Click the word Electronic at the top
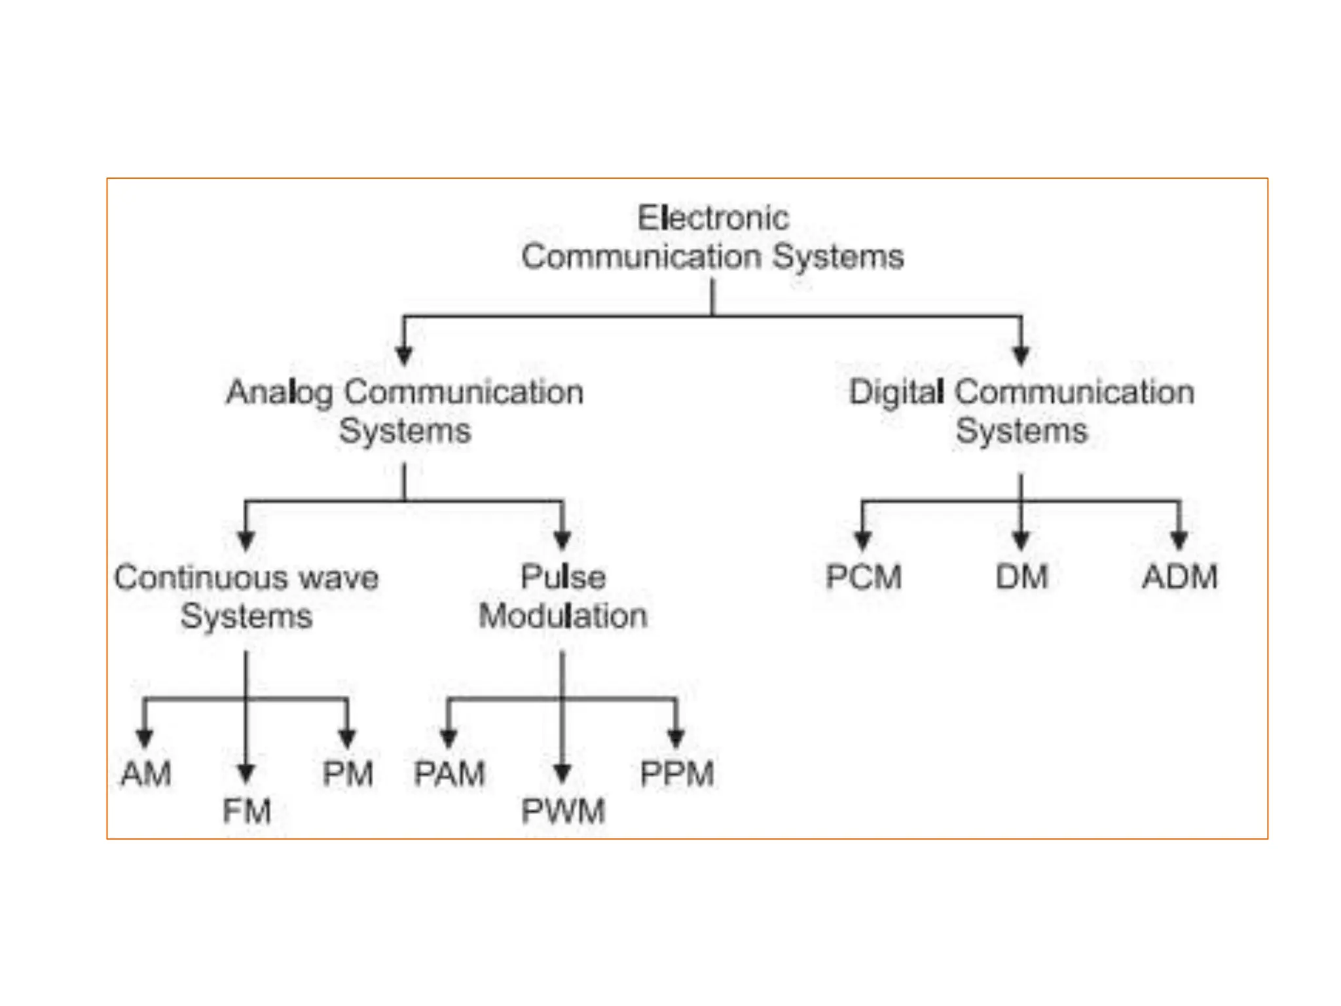[713, 218]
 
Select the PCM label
[864, 577]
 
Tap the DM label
[1021, 577]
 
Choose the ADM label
[1180, 577]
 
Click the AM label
[146, 773]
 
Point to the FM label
[247, 811]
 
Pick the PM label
[348, 773]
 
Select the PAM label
[449, 773]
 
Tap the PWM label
[562, 811]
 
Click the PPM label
[676, 773]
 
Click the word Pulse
[562, 577]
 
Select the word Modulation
[562, 616]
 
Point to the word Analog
[279, 393]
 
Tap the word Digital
[896, 393]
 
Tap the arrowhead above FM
[246, 773]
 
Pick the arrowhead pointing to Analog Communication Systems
[404, 356]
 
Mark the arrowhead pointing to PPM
[676, 738]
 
